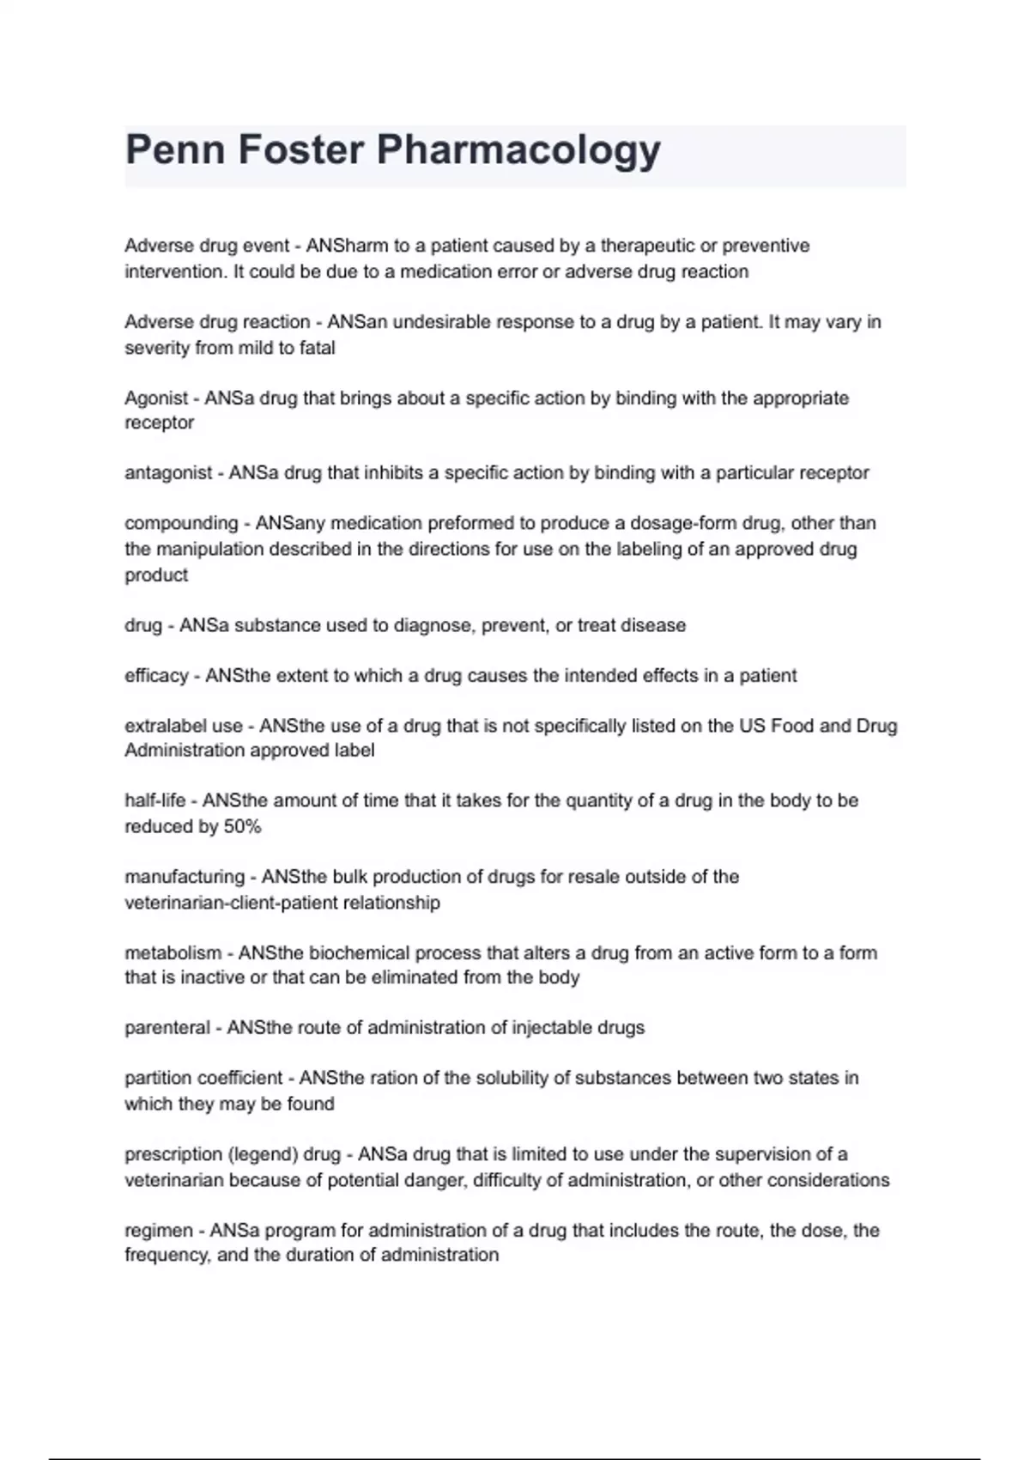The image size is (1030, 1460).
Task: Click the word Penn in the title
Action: click(174, 149)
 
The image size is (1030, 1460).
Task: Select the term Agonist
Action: click(156, 398)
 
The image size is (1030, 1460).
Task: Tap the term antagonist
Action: click(168, 473)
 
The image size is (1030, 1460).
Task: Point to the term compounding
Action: click(181, 524)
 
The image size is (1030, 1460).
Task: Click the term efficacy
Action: click(156, 676)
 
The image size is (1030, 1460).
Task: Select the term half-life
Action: click(154, 800)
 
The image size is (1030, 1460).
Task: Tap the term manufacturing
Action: click(185, 877)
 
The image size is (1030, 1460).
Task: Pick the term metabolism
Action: click(173, 953)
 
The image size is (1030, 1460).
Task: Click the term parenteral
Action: click(167, 1028)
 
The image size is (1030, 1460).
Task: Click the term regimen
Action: click(159, 1231)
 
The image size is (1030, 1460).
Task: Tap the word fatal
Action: click(317, 349)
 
